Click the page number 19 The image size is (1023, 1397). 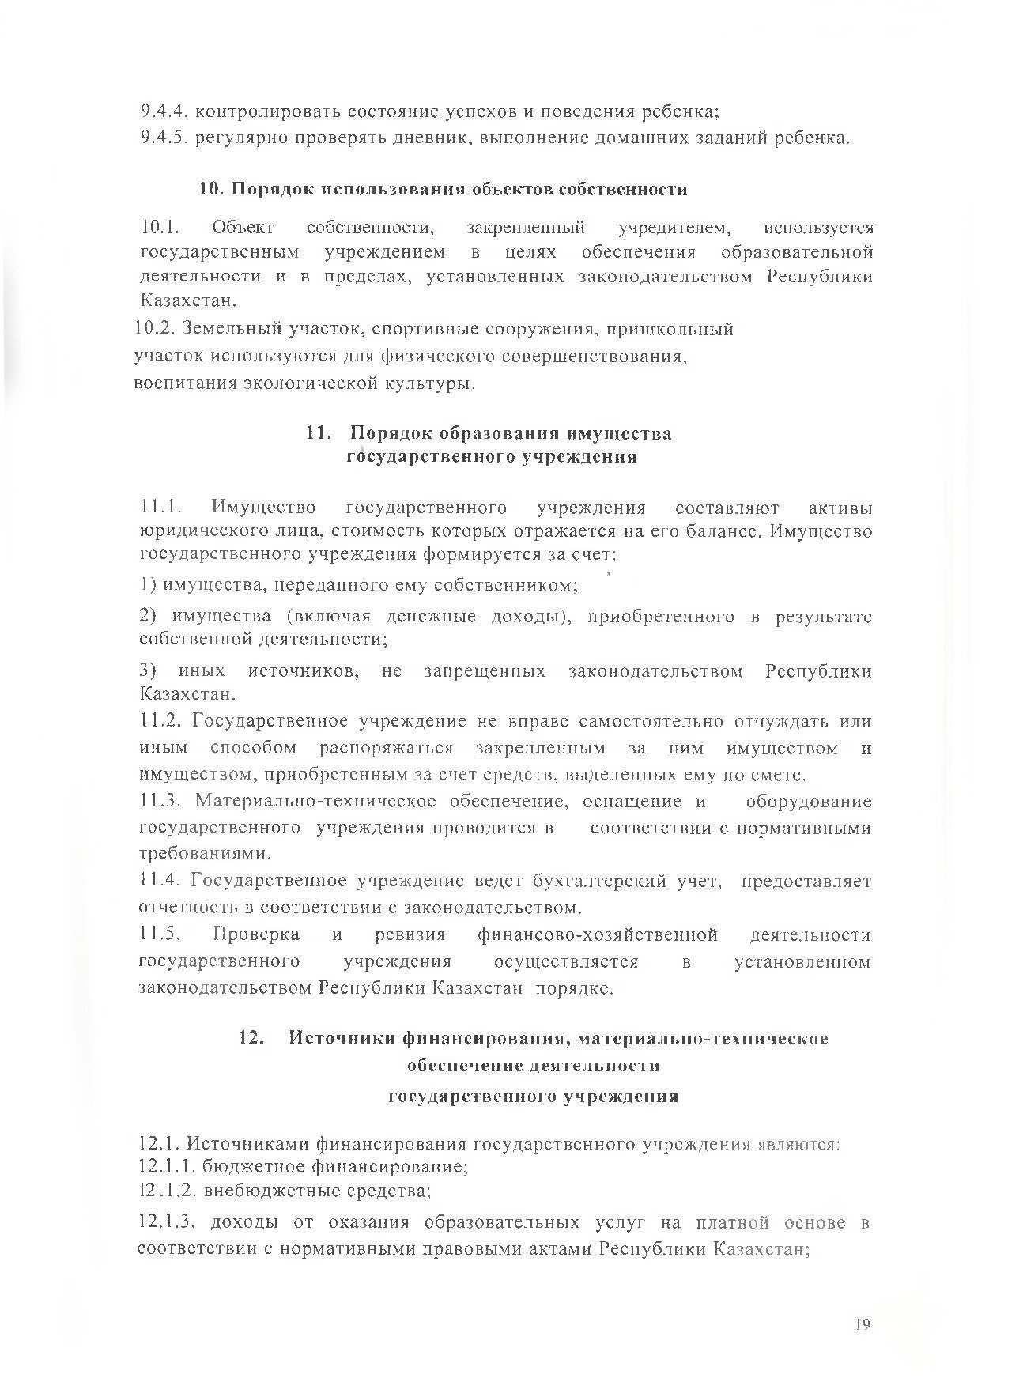pyautogui.click(x=862, y=1324)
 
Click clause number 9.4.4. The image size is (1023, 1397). pyautogui.click(x=163, y=111)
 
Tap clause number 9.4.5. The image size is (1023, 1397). pyautogui.click(x=163, y=138)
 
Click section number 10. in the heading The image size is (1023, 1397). pyautogui.click(x=211, y=190)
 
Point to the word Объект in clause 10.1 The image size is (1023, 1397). pyautogui.click(x=243, y=228)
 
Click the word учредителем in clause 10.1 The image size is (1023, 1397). pyautogui.click(x=674, y=228)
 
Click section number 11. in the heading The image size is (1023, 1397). pyautogui.click(x=318, y=433)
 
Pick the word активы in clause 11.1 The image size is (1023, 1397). pyautogui.click(x=841, y=508)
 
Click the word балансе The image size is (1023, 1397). pyautogui.click(x=722, y=531)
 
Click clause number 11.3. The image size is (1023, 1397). pyautogui.click(x=161, y=802)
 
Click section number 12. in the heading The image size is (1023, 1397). pyautogui.click(x=251, y=1038)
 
